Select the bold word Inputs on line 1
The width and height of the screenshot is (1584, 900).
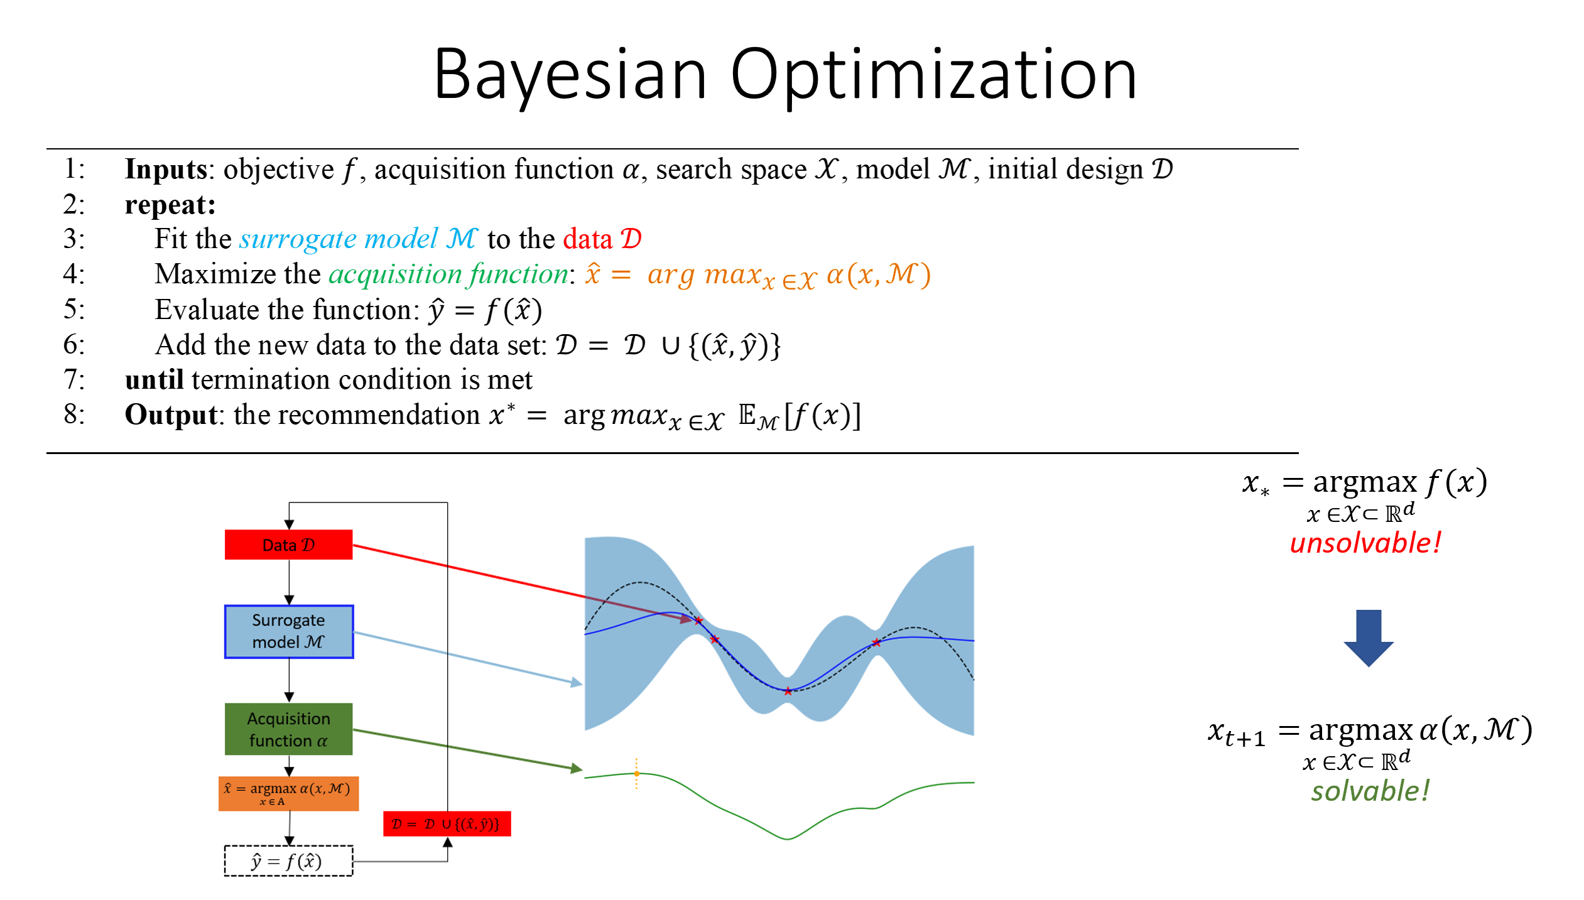166,170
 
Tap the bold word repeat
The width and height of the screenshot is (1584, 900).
170,205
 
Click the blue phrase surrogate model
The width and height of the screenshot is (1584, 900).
339,239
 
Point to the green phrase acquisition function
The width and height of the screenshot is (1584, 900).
448,274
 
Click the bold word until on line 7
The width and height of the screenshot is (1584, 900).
154,380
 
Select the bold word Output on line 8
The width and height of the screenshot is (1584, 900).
171,415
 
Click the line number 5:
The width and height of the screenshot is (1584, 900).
74,310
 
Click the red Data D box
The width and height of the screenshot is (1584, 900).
288,545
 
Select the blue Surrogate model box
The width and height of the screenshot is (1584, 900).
288,631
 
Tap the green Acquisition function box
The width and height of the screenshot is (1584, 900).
288,729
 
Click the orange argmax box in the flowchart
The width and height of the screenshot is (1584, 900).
288,793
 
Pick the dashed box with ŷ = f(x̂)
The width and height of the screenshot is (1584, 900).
288,860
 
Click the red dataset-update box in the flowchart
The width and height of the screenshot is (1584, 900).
447,823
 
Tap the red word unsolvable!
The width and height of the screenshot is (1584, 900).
1364,543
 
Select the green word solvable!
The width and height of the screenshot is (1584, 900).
1369,791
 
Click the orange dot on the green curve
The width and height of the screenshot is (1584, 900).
636,773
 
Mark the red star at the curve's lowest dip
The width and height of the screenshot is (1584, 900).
788,691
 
